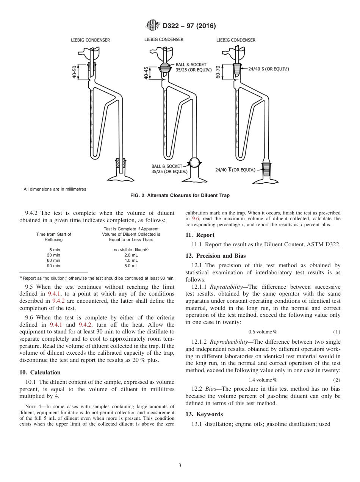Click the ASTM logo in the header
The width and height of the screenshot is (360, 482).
153,26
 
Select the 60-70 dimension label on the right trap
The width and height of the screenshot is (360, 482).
218,72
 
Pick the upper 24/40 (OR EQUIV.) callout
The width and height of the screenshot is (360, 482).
268,69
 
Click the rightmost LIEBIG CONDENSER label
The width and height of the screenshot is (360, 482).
236,40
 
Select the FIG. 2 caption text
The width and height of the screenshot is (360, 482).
180,196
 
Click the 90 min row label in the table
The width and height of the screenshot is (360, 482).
53,266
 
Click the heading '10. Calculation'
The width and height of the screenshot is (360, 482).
40,372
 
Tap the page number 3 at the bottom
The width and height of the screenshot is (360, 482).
180,466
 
